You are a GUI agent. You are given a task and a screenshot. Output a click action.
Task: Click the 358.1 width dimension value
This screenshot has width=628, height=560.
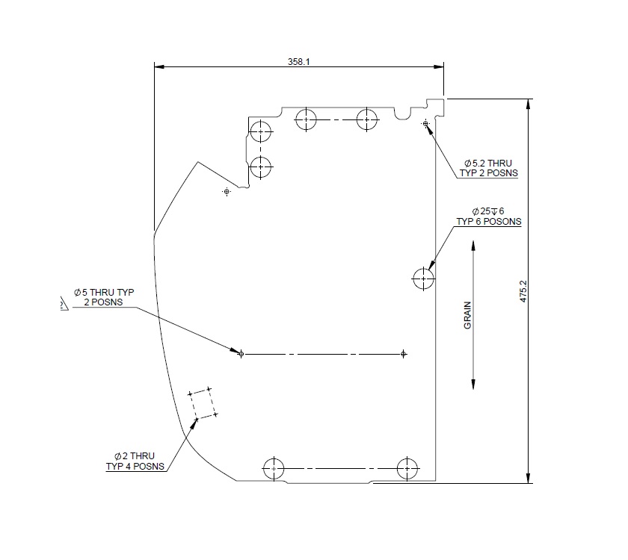click(298, 62)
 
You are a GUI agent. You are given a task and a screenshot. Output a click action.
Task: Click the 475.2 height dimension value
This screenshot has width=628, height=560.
click(523, 291)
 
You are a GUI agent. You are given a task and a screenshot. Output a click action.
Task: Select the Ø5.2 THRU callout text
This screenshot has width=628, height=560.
click(488, 167)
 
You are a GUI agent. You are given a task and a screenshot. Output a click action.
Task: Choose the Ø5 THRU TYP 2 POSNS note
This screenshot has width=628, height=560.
click(103, 296)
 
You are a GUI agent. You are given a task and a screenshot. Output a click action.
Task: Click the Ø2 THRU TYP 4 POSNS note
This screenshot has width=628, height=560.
click(135, 461)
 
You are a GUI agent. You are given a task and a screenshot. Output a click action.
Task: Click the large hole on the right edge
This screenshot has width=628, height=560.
click(423, 279)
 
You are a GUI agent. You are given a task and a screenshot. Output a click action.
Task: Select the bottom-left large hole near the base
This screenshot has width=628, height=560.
click(274, 468)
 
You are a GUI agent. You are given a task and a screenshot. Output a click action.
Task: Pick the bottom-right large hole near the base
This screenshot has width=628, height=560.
click(407, 468)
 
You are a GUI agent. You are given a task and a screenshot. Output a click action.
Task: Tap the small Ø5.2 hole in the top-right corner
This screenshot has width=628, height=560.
click(425, 122)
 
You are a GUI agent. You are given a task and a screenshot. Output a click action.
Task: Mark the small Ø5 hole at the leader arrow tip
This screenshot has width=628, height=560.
click(241, 353)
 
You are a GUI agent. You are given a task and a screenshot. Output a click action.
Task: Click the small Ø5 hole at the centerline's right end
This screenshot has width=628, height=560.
click(404, 353)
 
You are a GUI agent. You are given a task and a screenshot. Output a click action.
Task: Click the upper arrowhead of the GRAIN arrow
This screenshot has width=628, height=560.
click(473, 246)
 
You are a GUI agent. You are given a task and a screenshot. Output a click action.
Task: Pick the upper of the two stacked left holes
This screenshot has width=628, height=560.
click(260, 132)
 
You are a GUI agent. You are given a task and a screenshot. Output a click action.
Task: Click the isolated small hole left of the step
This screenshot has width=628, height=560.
click(227, 192)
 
